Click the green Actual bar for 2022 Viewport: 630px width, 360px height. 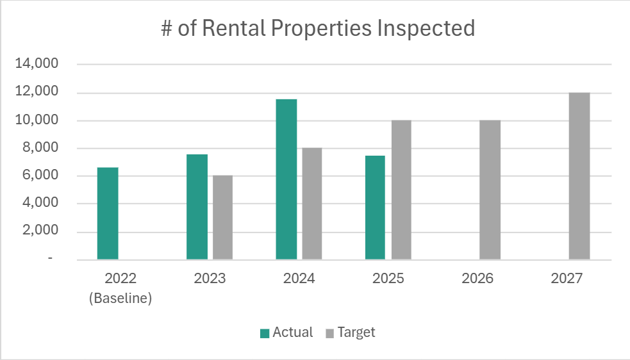[x=108, y=213]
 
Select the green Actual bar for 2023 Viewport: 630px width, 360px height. [x=197, y=207]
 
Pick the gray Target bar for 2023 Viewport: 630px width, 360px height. [x=222, y=217]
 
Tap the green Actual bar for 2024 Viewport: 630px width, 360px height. [x=286, y=179]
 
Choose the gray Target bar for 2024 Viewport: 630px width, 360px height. [x=312, y=204]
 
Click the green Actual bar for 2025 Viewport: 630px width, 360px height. [x=376, y=208]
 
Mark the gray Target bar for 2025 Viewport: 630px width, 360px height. [x=401, y=190]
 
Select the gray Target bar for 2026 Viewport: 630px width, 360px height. [x=490, y=190]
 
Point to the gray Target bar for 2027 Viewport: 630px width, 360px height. [x=579, y=176]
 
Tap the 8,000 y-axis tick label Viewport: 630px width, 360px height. [x=44, y=148]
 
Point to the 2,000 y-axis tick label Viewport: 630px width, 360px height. [x=44, y=231]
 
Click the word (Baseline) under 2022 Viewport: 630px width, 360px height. [x=120, y=299]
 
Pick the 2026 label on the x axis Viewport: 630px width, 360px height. [x=477, y=279]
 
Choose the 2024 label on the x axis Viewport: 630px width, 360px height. [x=299, y=279]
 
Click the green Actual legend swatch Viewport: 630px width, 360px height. [x=264, y=333]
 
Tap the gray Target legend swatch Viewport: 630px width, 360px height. [x=329, y=333]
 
